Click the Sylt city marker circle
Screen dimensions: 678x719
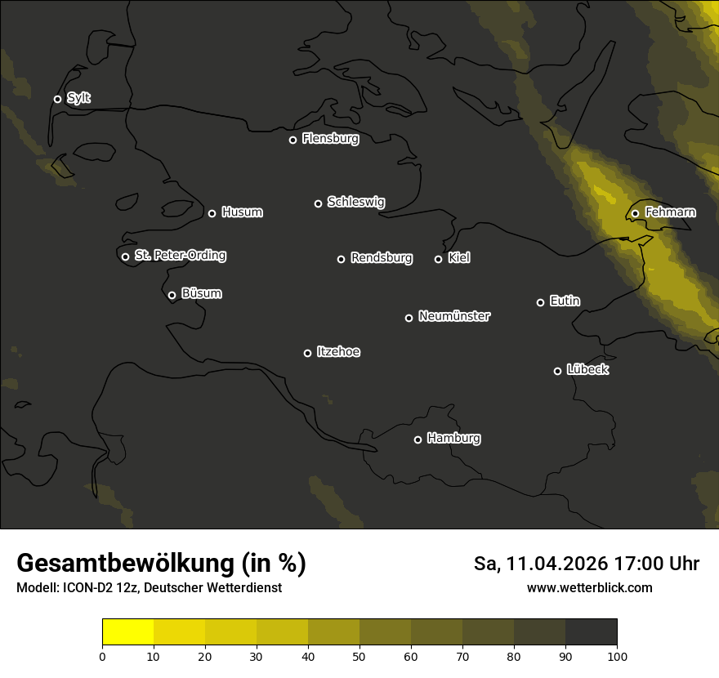point(57,100)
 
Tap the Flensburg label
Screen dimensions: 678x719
point(330,139)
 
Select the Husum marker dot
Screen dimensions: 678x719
point(212,213)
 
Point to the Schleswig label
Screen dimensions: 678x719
point(355,202)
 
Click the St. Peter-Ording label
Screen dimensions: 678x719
point(180,256)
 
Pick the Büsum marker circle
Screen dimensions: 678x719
point(172,296)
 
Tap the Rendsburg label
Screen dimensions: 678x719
point(382,258)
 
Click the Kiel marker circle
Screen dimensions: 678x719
point(438,259)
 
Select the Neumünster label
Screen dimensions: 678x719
point(454,316)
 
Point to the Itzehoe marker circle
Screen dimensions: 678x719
point(307,353)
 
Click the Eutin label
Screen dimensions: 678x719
point(565,301)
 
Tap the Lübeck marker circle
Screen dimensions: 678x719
point(557,371)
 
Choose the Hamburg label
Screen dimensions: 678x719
point(453,439)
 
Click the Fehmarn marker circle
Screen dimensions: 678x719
point(635,213)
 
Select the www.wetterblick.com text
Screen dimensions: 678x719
point(590,587)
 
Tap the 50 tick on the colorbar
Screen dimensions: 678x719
point(359,656)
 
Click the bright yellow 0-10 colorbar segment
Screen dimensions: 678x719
point(127,632)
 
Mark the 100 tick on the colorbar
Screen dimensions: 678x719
point(617,656)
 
